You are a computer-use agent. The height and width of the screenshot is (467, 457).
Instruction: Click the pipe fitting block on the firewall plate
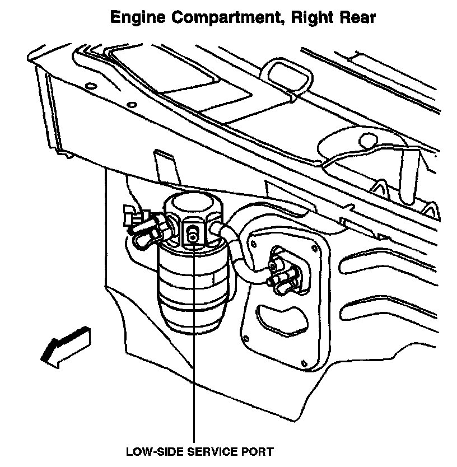(x=283, y=269)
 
